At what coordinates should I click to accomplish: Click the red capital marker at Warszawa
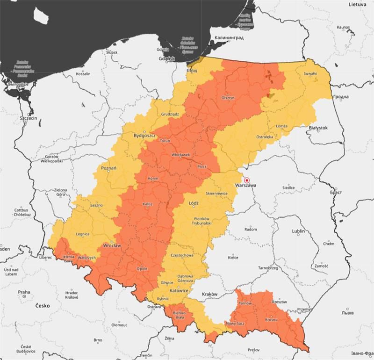tap(247, 180)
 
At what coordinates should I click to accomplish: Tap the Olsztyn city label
tap(228, 98)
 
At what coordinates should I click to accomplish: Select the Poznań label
tap(108, 168)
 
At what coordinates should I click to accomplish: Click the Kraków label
tap(210, 294)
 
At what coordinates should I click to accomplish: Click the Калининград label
tap(229, 37)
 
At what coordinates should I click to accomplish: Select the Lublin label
tap(298, 231)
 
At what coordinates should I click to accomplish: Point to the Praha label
tap(24, 292)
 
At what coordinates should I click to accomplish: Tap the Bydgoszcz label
tap(144, 136)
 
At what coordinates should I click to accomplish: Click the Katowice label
tap(179, 291)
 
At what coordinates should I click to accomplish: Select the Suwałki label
tap(310, 74)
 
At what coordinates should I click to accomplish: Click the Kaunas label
tap(343, 28)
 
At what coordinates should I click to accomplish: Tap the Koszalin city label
tap(83, 74)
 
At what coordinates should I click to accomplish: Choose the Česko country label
tap(43, 306)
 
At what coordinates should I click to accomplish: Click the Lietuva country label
tap(356, 4)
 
